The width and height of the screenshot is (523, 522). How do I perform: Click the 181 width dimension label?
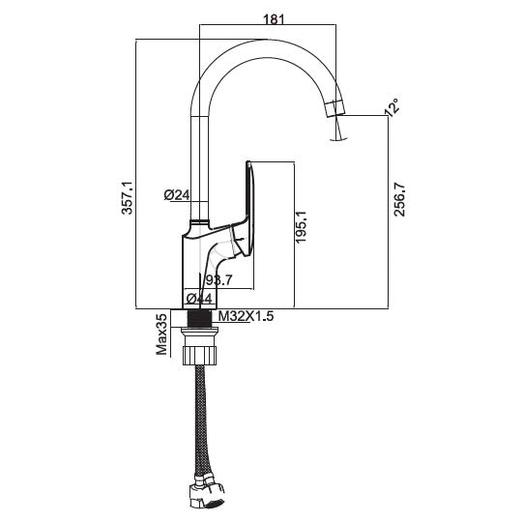[x=274, y=19]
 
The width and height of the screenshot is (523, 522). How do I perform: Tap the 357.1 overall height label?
[x=127, y=197]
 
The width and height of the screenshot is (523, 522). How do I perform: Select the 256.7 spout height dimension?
[x=399, y=200]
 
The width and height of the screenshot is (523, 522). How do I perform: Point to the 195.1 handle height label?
[x=301, y=227]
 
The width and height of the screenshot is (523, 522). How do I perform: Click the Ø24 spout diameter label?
[x=177, y=195]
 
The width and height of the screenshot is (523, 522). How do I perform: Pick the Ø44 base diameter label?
[x=199, y=298]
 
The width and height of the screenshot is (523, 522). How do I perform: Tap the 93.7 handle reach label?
[x=218, y=279]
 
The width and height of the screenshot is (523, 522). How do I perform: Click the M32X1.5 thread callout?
[x=246, y=316]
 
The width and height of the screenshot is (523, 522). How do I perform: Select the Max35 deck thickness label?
[x=161, y=333]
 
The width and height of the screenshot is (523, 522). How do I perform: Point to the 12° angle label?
[x=392, y=106]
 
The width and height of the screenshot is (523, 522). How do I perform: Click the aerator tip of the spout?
[x=334, y=108]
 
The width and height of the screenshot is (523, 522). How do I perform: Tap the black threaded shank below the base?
[x=200, y=318]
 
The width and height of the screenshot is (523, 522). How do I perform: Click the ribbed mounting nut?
[x=199, y=356]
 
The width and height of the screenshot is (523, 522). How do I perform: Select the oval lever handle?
[x=249, y=209]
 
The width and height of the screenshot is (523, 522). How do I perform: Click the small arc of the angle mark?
[x=338, y=139]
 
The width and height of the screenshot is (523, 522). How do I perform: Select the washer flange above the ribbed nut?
[x=199, y=330]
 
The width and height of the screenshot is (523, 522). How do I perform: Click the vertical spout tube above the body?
[x=199, y=168]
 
